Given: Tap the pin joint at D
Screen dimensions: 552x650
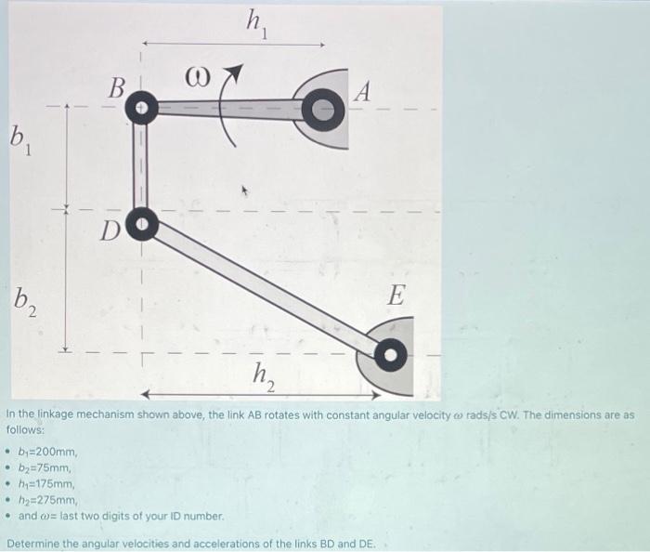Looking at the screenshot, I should click(140, 224).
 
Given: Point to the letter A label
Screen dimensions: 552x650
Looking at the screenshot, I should click(364, 91).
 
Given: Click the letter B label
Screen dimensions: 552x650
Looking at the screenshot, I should click(116, 89).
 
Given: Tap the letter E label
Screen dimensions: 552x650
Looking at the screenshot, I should click(396, 296).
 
